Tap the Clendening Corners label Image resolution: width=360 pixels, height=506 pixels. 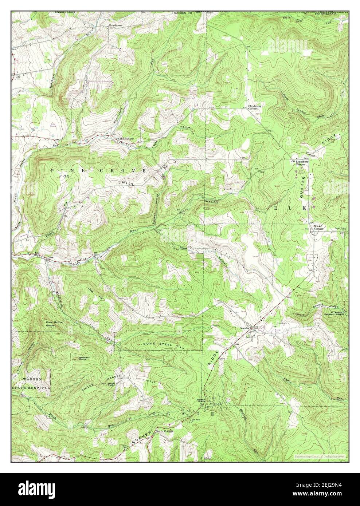click(255, 107)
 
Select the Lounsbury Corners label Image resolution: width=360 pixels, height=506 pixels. click(302, 163)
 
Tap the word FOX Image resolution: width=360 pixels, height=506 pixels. click(64, 176)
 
